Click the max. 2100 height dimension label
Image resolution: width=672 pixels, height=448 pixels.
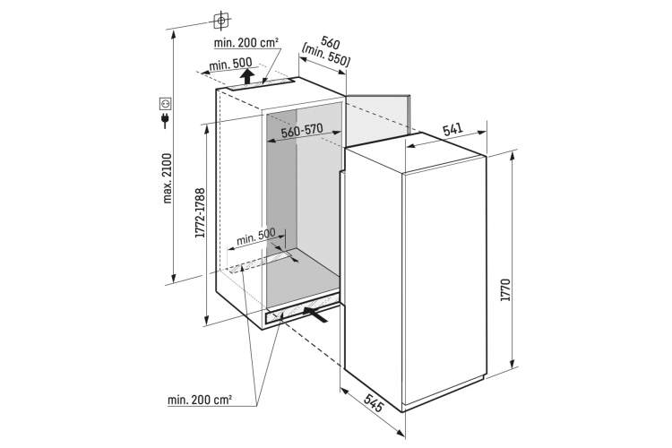click(x=168, y=178)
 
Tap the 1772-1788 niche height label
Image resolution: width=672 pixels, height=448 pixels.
click(x=200, y=213)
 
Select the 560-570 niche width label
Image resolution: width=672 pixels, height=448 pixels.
click(x=302, y=130)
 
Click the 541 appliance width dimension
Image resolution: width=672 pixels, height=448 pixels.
click(x=452, y=129)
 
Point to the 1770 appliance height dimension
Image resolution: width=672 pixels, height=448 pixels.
click(x=505, y=289)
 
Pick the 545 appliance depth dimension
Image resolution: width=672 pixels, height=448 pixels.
click(x=374, y=403)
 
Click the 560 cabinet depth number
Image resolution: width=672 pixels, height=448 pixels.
click(x=331, y=43)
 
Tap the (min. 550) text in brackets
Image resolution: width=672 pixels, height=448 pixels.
click(x=326, y=56)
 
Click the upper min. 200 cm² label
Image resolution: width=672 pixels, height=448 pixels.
click(x=246, y=42)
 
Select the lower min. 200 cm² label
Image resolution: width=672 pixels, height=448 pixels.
click(x=200, y=400)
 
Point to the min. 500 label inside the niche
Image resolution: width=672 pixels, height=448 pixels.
click(x=256, y=237)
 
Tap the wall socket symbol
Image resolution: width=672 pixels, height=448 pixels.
click(x=166, y=103)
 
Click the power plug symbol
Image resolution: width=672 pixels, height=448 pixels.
click(x=165, y=120)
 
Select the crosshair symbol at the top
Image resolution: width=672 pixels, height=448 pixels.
click(x=221, y=20)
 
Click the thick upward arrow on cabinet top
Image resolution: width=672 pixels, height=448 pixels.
click(x=246, y=76)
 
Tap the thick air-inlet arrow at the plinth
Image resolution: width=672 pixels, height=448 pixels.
click(x=316, y=314)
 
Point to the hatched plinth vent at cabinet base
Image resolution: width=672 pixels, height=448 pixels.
click(x=300, y=313)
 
